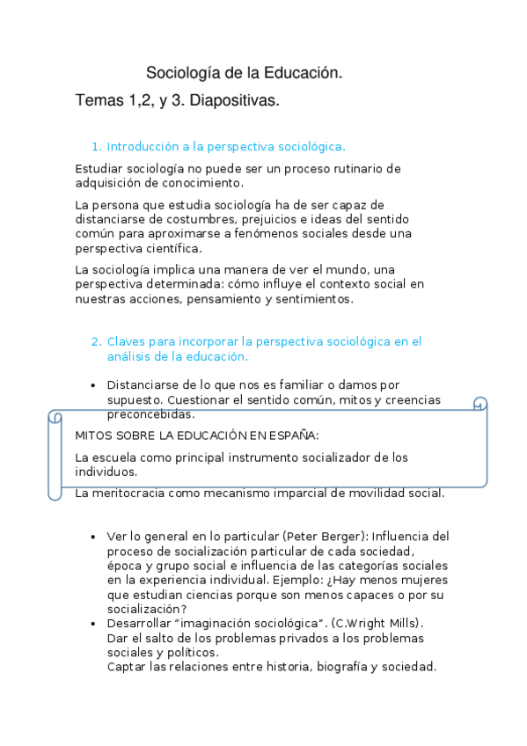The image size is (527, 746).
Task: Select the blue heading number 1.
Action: (x=96, y=147)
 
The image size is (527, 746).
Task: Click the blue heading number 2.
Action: (x=96, y=341)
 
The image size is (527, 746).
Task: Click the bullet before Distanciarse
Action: (x=94, y=385)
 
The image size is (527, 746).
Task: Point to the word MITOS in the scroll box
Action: (x=94, y=435)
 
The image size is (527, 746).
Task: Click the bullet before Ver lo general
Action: (x=94, y=536)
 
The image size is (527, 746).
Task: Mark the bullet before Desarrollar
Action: (x=94, y=624)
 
